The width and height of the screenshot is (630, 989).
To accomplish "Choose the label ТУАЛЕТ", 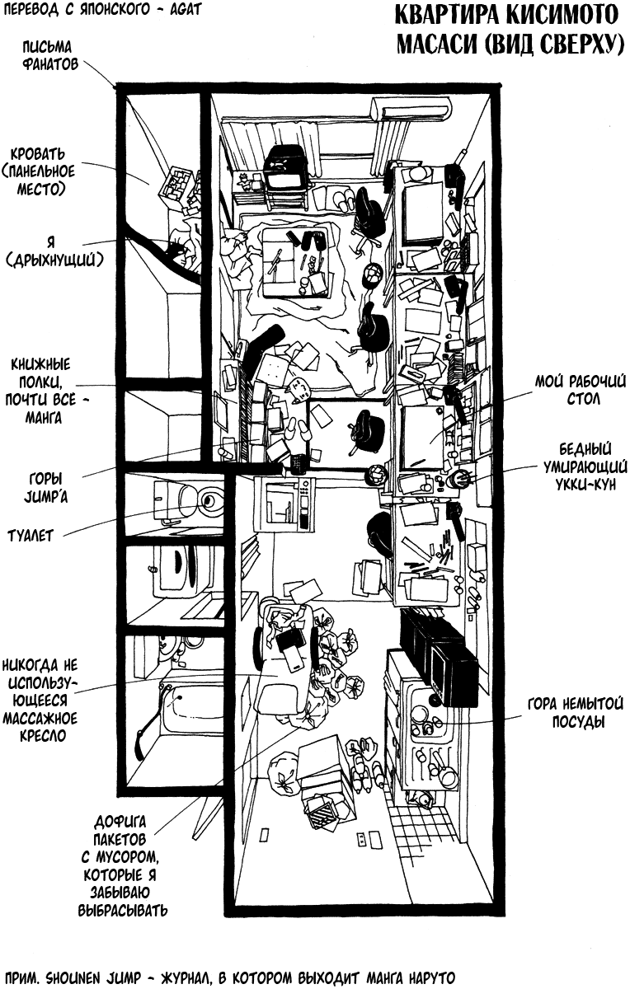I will click(x=30, y=536).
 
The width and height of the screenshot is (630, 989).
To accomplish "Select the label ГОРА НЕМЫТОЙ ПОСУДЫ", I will click(x=575, y=713).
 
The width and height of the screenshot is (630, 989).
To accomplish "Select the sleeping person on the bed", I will click(x=180, y=247).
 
